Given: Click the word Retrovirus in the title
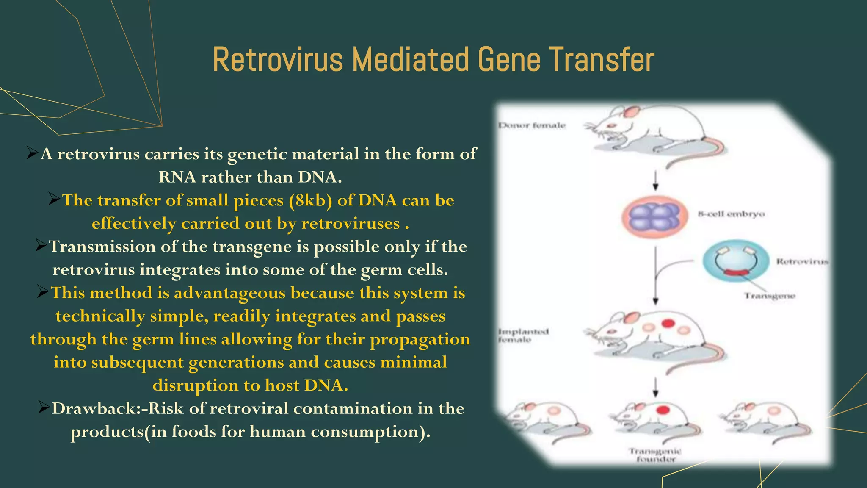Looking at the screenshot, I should (277, 60).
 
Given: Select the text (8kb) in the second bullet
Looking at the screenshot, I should (310, 200).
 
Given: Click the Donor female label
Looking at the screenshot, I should (532, 125).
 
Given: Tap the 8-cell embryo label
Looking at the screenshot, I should (731, 214).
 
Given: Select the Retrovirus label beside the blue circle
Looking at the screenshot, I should (802, 261).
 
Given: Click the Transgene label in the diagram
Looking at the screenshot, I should (770, 296).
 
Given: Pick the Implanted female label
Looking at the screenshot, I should (523, 335).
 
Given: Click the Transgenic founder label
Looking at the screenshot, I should (655, 455).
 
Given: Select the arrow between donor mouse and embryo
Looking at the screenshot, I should (655, 181).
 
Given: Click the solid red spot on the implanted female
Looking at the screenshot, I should (668, 324).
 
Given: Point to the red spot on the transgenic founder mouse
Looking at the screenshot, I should (663, 410).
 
